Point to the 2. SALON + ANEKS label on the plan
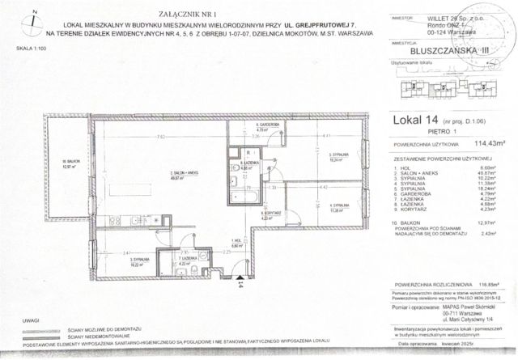[x=173, y=176]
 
